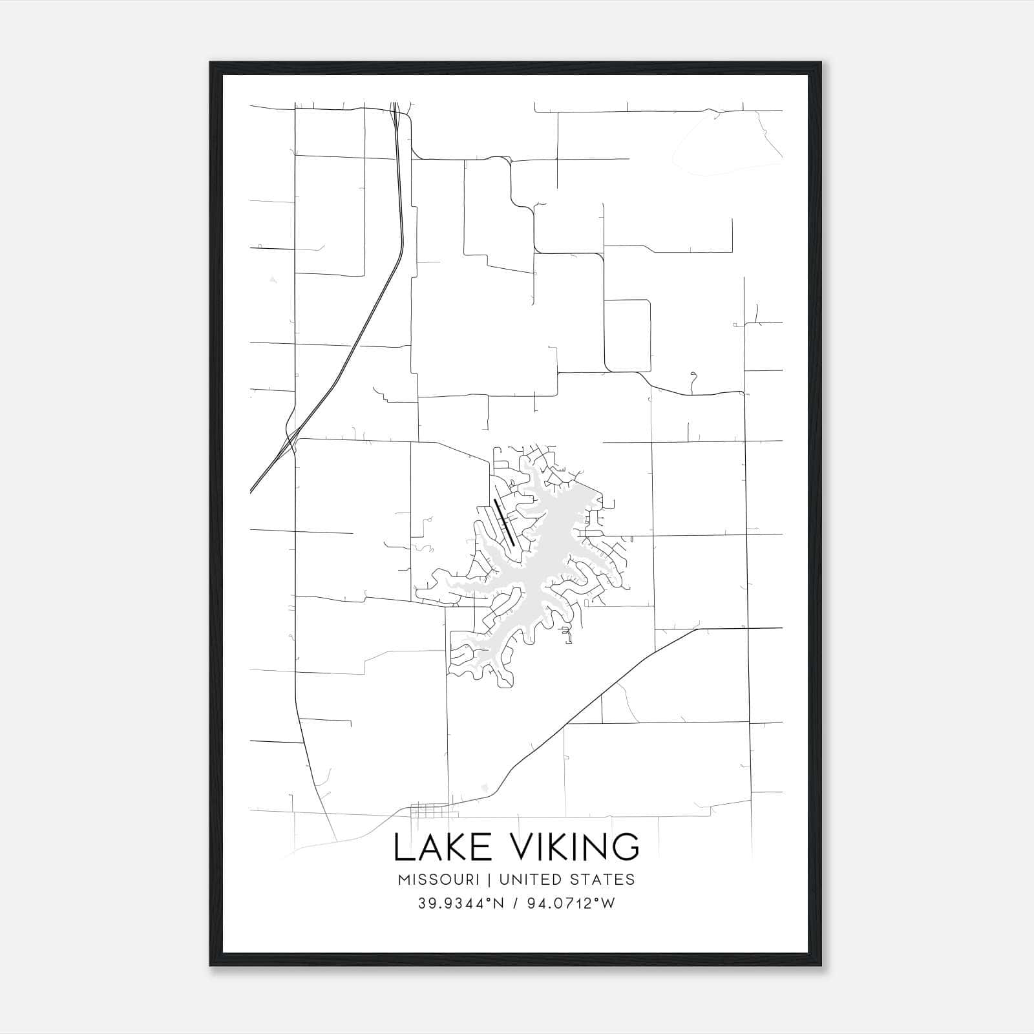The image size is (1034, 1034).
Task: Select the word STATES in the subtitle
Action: (604, 880)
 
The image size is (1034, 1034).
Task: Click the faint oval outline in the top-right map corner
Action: (727, 145)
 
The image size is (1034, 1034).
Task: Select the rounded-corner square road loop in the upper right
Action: (627, 336)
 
